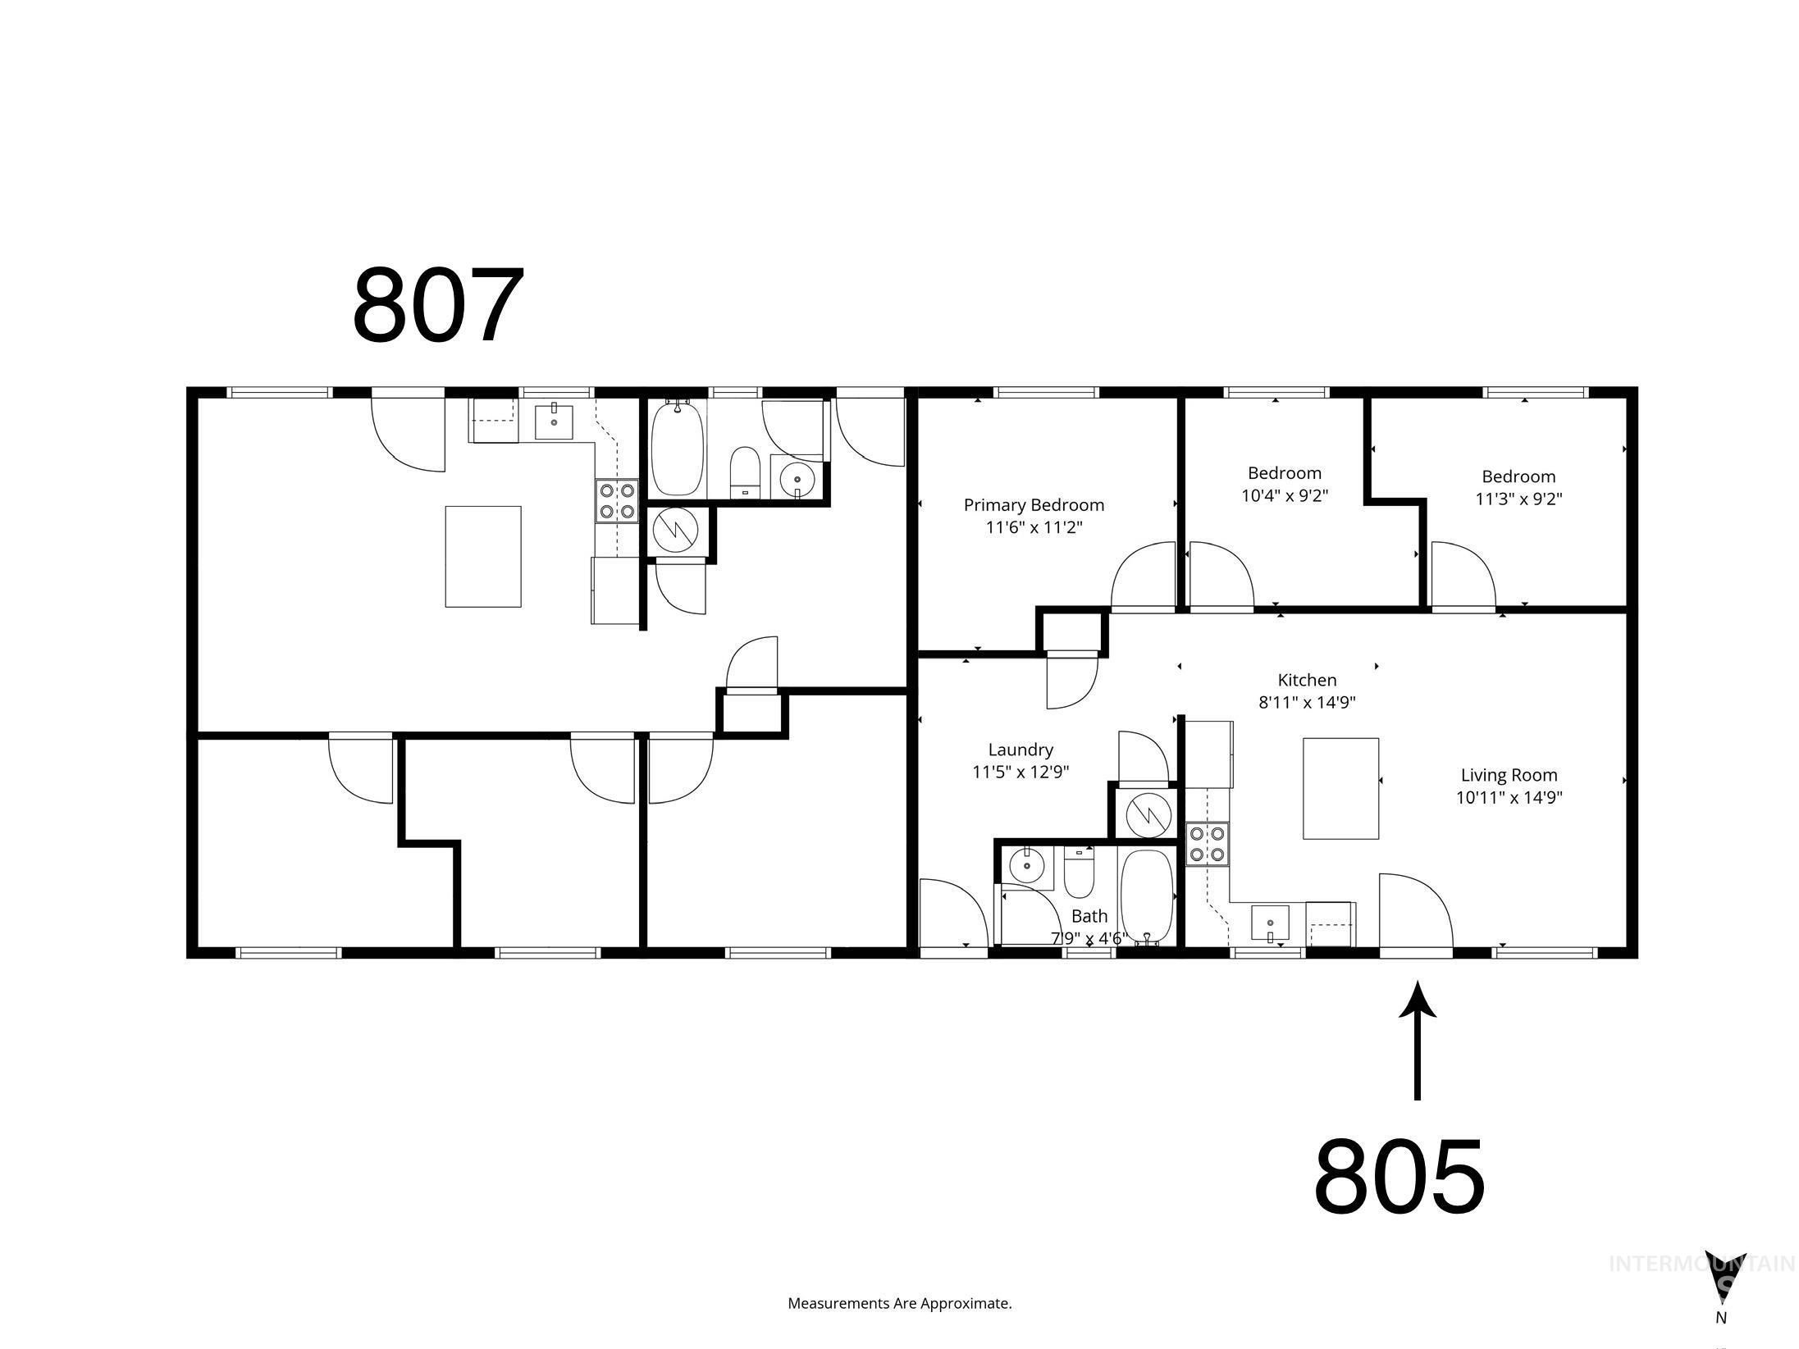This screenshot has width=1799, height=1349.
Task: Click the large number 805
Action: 1399,1178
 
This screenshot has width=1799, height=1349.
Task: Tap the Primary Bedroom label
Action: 1034,516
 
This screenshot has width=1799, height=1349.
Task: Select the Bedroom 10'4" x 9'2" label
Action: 1284,484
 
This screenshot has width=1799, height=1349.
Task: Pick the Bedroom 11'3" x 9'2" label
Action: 1518,487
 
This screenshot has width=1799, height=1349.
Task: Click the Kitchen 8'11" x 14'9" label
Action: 1307,690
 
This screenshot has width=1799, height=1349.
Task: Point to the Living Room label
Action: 1509,786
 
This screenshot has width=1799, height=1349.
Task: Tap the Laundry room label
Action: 1020,760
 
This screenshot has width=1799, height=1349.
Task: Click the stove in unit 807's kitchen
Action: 616,501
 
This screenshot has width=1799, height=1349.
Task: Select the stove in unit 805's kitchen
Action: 1207,844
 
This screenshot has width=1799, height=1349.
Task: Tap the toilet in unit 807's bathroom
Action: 745,471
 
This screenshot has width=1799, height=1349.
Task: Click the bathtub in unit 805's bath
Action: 1147,897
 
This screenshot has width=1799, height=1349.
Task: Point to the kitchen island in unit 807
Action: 482,556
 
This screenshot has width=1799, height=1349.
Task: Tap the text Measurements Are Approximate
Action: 899,1303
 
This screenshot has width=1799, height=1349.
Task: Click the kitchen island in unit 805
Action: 1340,788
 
